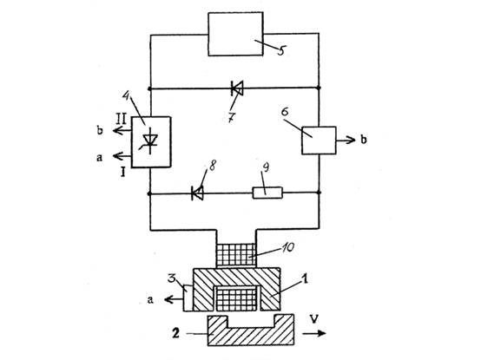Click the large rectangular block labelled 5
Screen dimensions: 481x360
pos(235,34)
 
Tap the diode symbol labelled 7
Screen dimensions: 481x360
pos(237,88)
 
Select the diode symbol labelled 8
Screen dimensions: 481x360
pos(197,193)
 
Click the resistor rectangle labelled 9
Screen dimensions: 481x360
pos(267,193)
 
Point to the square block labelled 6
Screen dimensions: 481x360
pos(319,141)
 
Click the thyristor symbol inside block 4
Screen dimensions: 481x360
pos(150,142)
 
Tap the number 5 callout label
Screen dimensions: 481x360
pos(281,50)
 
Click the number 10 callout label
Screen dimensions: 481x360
pos(287,246)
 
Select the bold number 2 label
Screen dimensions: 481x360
pos(175,333)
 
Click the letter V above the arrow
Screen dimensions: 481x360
pos(313,319)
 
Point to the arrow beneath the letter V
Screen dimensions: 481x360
pos(314,333)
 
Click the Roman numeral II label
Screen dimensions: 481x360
pos(121,119)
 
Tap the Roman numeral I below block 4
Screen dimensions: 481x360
pos(123,173)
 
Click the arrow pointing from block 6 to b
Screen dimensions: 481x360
pos(346,141)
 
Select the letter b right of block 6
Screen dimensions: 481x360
pos(363,140)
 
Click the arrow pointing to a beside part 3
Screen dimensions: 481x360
pos(174,299)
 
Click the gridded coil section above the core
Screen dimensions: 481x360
pos(236,255)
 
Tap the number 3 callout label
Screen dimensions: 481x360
pos(172,279)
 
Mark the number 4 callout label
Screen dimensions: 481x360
pos(126,95)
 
